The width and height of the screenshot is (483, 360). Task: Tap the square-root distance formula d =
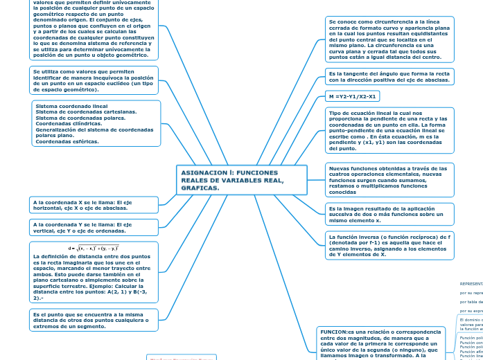(94, 248)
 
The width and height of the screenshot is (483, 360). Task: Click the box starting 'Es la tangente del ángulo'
(389, 77)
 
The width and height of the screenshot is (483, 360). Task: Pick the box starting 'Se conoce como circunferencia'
(389, 39)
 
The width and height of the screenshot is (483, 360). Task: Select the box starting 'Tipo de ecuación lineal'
(389, 130)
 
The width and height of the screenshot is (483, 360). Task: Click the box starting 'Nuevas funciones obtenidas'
(389, 180)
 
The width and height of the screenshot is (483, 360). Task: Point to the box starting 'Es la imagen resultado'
(389, 215)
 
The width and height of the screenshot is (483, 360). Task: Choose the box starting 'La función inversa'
(389, 245)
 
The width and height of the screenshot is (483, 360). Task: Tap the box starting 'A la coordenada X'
(94, 204)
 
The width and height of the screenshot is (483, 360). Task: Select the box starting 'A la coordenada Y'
(94, 228)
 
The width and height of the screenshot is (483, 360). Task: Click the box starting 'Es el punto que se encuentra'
(94, 320)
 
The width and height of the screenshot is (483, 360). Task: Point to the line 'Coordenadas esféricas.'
(67, 141)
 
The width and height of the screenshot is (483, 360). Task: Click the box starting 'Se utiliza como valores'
(94, 80)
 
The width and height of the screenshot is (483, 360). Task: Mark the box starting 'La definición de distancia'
(94, 277)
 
